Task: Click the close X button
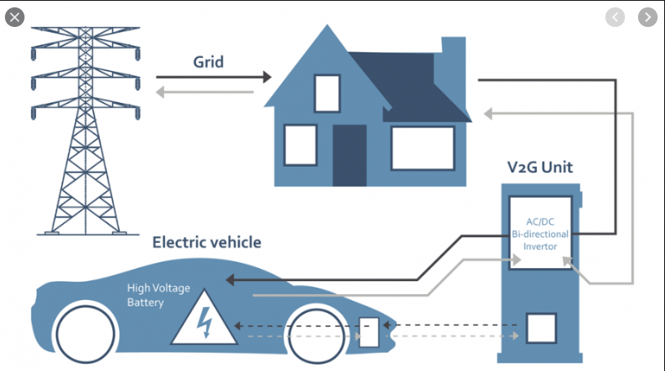[x=15, y=17]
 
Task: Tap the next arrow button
[x=648, y=17]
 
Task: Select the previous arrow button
[x=615, y=17]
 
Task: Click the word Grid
[x=208, y=62]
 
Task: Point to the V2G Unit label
[x=540, y=167]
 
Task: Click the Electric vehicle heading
[x=207, y=242]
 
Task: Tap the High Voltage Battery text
[x=158, y=295]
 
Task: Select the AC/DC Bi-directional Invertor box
[x=540, y=233]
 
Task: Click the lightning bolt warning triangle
[x=204, y=318]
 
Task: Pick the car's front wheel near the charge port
[x=316, y=335]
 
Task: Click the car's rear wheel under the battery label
[x=85, y=334]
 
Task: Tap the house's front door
[x=350, y=155]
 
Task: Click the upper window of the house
[x=327, y=94]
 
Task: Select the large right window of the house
[x=423, y=149]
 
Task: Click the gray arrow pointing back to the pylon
[x=205, y=92]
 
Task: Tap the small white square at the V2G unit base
[x=541, y=329]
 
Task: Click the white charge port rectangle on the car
[x=368, y=333]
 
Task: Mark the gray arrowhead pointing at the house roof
[x=489, y=114]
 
